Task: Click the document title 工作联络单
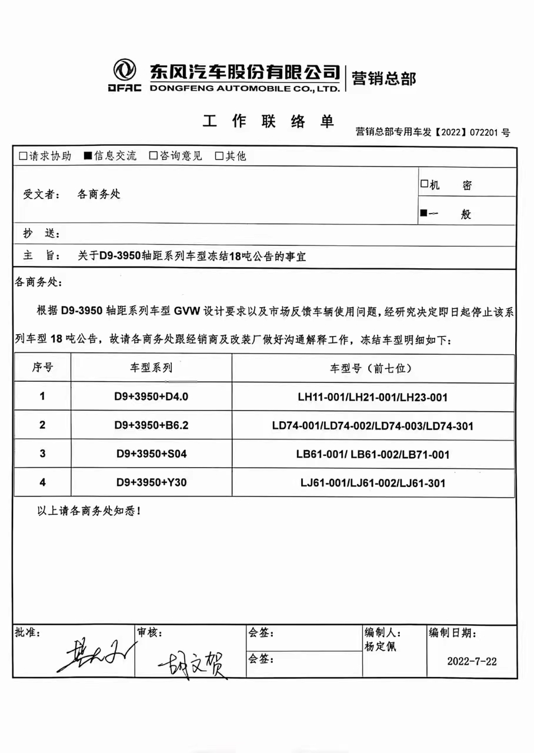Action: click(x=268, y=122)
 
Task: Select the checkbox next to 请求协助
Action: click(x=23, y=156)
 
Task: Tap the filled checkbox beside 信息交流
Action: click(x=88, y=156)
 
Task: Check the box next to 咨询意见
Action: click(x=153, y=156)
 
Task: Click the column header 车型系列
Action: click(x=151, y=369)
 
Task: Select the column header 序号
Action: click(x=42, y=369)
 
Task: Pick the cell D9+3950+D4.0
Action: click(x=151, y=397)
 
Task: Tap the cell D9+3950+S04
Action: click(x=151, y=454)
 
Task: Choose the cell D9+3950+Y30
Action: click(x=151, y=483)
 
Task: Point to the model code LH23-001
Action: click(x=423, y=398)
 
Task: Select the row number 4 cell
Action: click(x=42, y=483)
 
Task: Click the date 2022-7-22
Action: click(x=472, y=661)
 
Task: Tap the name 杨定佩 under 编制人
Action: click(x=381, y=646)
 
